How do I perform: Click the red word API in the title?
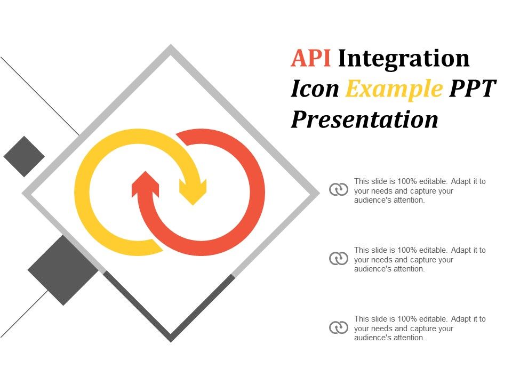coord(310,58)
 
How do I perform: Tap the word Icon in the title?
coord(315,89)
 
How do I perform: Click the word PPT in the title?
coord(473,89)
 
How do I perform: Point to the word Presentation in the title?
coord(364,119)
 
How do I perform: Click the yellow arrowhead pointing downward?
coord(193,192)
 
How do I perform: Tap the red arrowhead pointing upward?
coord(145,184)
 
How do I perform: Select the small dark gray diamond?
coord(24,156)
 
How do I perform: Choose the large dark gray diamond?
coord(63,270)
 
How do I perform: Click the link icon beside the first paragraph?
coord(339,189)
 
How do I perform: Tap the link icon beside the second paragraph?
coord(339,258)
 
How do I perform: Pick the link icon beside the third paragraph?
coord(339,327)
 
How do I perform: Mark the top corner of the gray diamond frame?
coord(171,45)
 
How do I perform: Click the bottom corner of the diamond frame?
coord(171,342)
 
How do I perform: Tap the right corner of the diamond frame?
coord(319,193)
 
